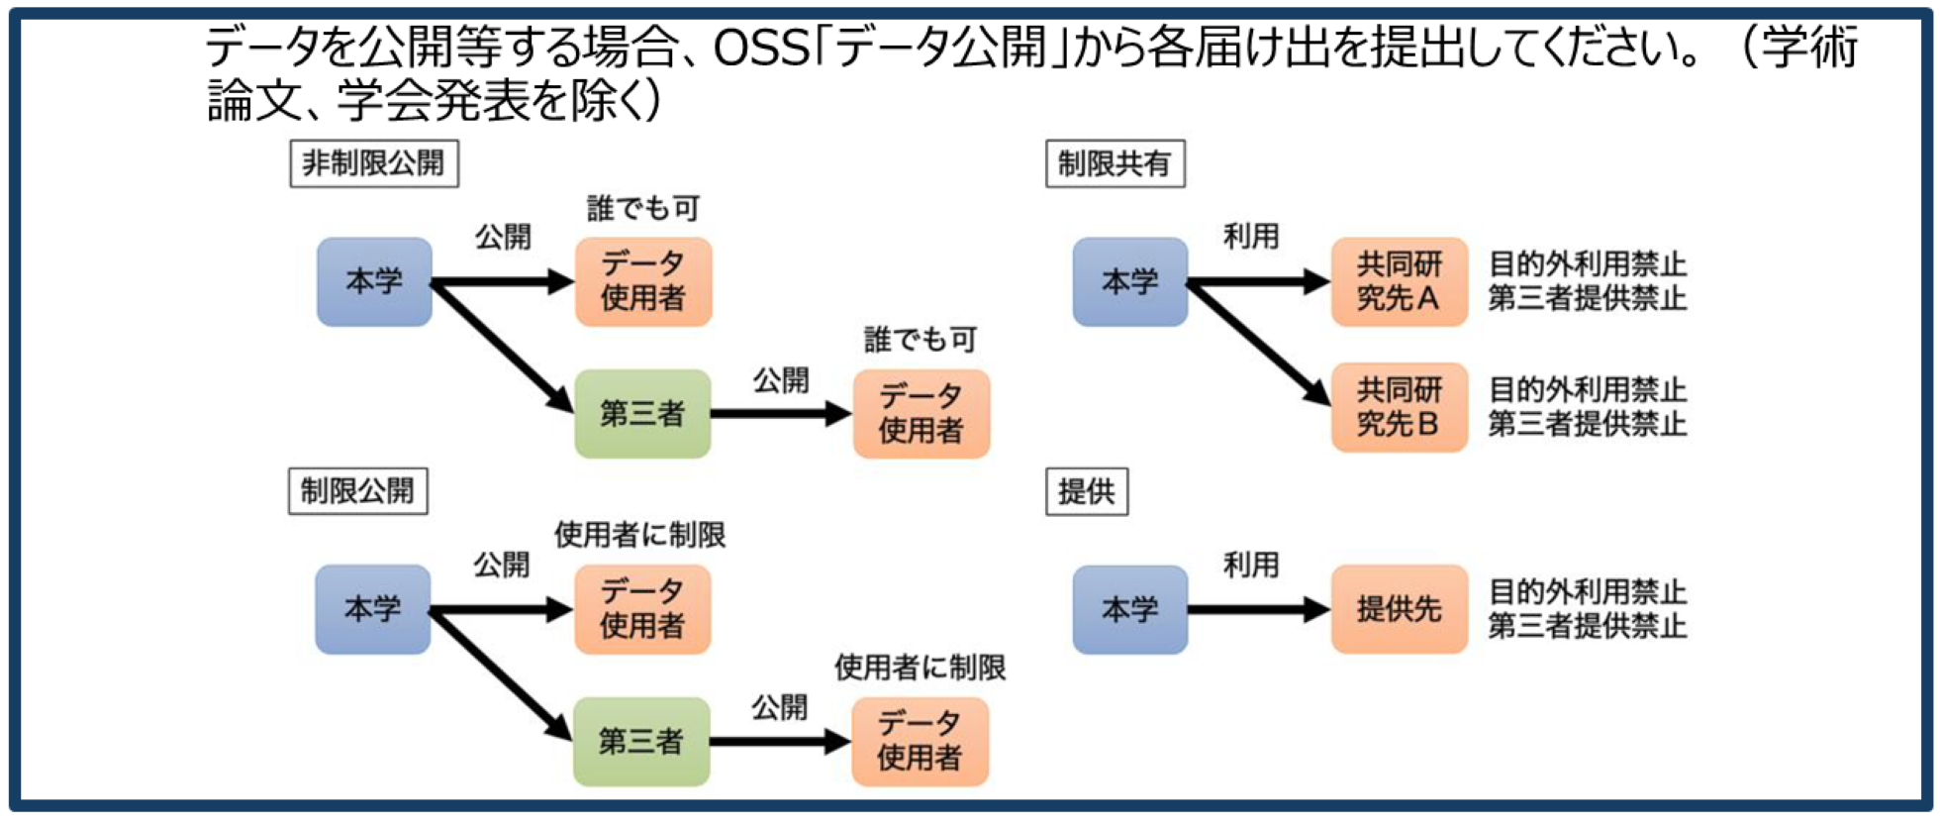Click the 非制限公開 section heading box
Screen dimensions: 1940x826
(374, 163)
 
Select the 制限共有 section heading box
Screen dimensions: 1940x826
(1115, 163)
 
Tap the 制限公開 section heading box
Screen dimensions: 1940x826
(357, 491)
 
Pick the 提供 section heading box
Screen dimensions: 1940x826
(1086, 491)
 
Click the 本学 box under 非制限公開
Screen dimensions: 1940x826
(374, 281)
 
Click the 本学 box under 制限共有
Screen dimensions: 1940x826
(1130, 281)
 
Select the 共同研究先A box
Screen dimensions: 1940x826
(1399, 281)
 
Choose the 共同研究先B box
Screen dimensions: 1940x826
(1399, 407)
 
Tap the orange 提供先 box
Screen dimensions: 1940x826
(1399, 609)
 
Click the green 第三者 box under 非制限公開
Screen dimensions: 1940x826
(642, 414)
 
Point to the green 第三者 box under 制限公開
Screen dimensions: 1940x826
(641, 742)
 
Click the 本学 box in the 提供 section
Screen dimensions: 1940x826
(1130, 609)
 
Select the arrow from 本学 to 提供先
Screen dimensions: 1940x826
(1259, 609)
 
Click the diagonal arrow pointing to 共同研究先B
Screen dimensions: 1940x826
(1259, 343)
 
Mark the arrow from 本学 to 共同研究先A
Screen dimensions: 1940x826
(1259, 282)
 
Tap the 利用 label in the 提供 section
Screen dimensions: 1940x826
(1251, 565)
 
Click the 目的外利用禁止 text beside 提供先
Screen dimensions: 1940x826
(1588, 592)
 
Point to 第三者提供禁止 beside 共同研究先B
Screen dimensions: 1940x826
(1588, 424)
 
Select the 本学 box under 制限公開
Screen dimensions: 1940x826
(372, 609)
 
